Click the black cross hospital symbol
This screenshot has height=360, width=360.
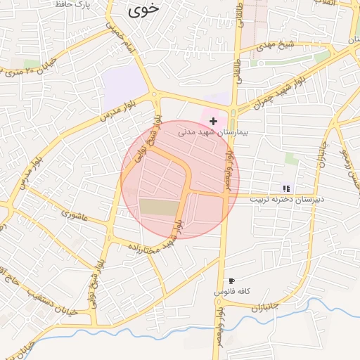(x=213, y=121)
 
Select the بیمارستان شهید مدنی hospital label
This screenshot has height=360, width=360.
(x=212, y=131)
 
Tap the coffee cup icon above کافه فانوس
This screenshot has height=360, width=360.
(x=232, y=281)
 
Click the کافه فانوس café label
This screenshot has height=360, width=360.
(x=233, y=291)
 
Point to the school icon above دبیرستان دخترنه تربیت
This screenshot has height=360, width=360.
(x=286, y=188)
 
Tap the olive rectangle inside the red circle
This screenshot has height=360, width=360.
(x=159, y=207)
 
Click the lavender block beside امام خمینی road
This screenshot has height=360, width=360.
(x=124, y=88)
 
